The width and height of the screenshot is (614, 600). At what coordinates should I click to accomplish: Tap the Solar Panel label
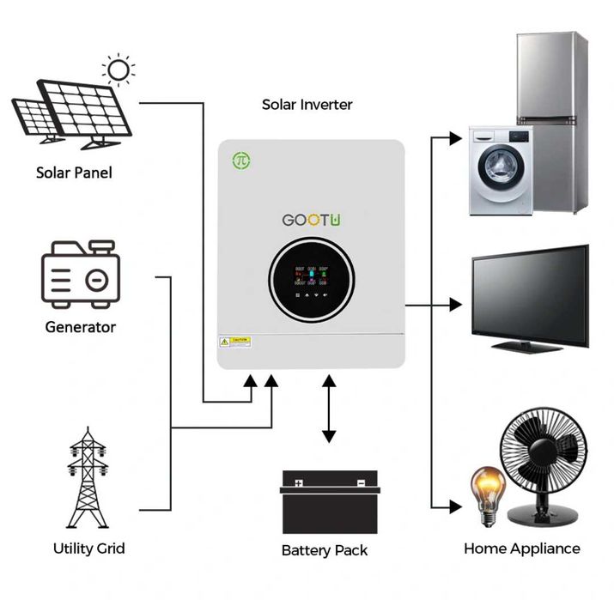pos(73,173)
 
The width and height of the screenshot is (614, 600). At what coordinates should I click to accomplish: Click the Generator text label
pos(81,327)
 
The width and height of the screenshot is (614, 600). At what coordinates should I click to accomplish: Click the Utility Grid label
pos(88,548)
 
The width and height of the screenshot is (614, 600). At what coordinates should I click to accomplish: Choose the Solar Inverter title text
pos(307,105)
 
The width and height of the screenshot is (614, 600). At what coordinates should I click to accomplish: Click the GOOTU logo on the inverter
pos(312,220)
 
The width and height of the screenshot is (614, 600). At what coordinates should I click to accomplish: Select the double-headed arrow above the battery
pos(328,409)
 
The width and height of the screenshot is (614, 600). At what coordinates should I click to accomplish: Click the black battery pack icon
pos(330,506)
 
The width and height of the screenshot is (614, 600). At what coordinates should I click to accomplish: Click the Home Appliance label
pos(521,548)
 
